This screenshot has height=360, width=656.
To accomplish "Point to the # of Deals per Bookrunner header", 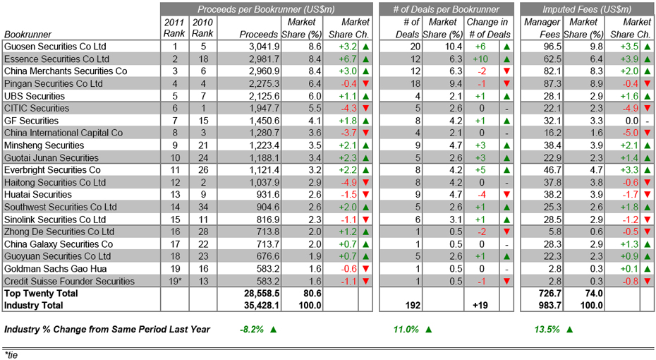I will point(446,9).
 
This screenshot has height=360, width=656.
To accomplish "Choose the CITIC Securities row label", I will point(37,108).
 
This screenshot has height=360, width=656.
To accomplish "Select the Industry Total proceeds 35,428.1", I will point(262,306).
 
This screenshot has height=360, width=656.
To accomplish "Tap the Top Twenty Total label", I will point(40,293).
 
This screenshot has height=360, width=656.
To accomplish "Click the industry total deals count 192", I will point(413,306).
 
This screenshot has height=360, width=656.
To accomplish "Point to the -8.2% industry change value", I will point(251,330).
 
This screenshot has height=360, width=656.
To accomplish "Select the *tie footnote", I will point(11,354).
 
